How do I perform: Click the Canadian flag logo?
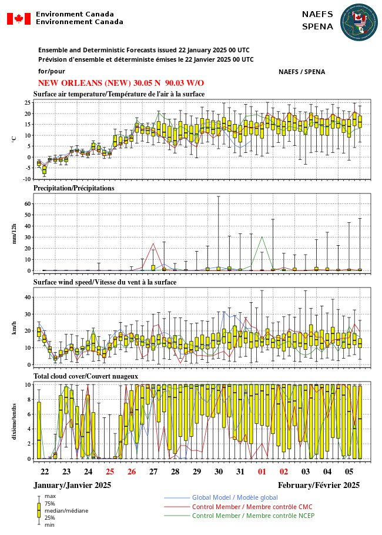pos(19,18)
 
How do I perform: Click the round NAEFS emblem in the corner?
pos(359,22)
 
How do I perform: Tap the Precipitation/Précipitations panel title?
pos(73,188)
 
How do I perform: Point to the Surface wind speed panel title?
pos(105,282)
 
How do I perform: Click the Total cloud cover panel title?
pos(86,376)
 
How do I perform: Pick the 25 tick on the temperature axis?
pos(27,102)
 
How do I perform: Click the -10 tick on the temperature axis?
pos(26,179)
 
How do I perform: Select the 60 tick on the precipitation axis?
pos(27,203)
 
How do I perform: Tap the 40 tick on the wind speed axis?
pos(27,297)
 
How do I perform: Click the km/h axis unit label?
pos(14,326)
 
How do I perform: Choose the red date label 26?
pos(132,472)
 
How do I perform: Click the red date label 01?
pos(262,472)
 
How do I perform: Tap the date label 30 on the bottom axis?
pos(219,472)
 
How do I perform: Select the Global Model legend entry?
pos(235,498)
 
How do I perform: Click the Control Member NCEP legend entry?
pos(253,516)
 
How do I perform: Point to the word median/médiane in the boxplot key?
pos(66,511)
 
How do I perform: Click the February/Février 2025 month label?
pos(319,485)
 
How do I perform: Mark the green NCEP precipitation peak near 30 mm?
pos(262,237)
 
